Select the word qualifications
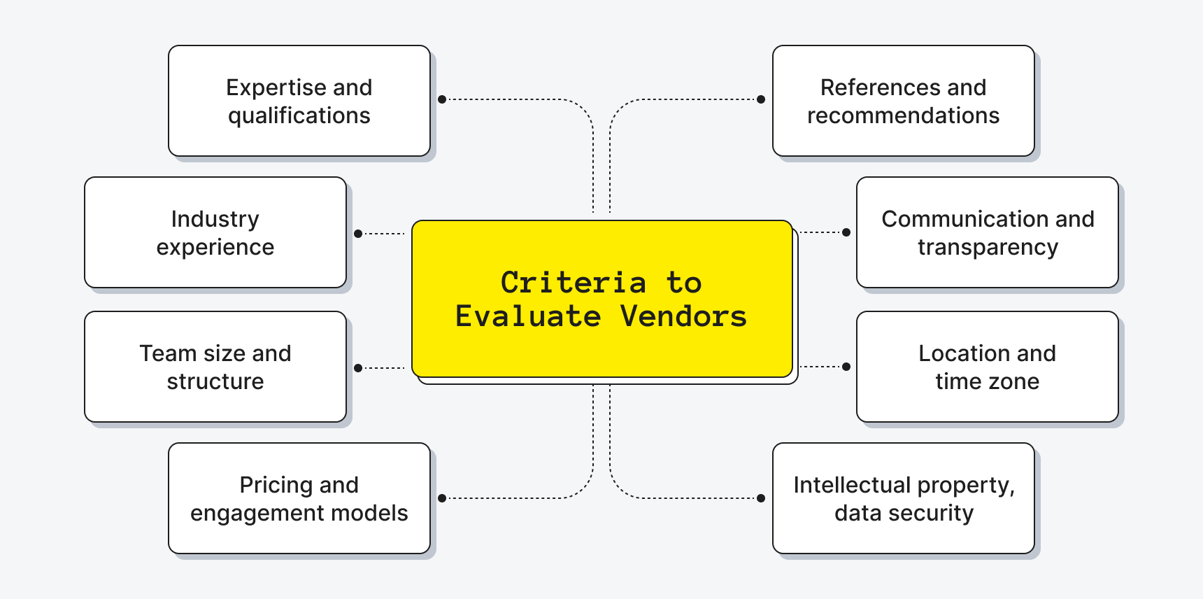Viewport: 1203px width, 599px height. click(x=299, y=116)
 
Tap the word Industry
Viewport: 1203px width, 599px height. click(x=215, y=220)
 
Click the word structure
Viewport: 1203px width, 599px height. click(x=215, y=381)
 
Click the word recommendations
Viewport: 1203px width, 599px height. click(x=903, y=116)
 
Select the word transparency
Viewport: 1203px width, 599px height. click(x=988, y=248)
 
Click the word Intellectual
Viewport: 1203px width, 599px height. click(x=852, y=486)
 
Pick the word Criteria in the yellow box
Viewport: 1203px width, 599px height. click(x=573, y=283)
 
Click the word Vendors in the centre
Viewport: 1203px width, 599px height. click(x=683, y=316)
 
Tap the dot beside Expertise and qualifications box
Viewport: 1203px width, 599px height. click(x=442, y=99)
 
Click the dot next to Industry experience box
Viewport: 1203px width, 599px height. click(x=358, y=234)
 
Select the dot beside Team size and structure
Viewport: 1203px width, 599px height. click(x=358, y=368)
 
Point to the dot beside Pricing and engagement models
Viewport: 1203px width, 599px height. click(x=442, y=498)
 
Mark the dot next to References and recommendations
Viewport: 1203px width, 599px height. click(x=761, y=99)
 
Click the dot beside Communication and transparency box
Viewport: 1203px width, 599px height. click(x=846, y=232)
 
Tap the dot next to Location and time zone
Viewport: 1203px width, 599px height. click(x=846, y=367)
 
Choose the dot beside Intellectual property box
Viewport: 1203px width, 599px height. click(x=761, y=498)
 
